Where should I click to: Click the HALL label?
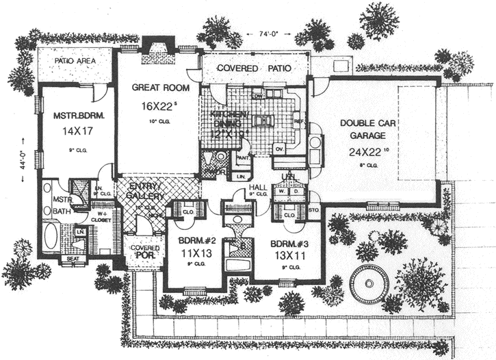259,185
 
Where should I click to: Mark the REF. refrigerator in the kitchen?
298,120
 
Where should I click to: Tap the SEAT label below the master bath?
72,260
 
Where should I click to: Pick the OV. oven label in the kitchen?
279,147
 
